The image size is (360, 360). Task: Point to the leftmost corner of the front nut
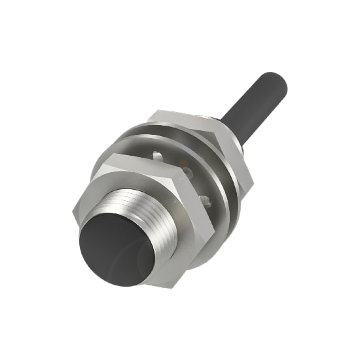point(73,211)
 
